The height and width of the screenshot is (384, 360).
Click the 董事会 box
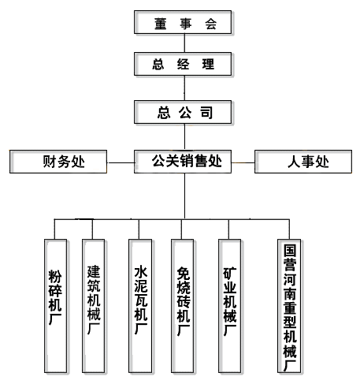tap(183, 22)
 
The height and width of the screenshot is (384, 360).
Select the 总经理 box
tap(183, 64)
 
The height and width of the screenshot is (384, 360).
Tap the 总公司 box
tap(183, 112)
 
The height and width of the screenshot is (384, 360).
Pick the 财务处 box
tap(58, 162)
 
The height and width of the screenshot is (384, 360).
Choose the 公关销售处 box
tap(183, 162)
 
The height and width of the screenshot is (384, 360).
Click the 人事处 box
tap(303, 162)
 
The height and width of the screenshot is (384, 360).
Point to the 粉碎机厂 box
tap(55, 306)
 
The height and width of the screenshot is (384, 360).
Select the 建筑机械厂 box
tap(94, 306)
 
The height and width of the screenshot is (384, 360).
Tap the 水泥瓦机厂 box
tap(140, 306)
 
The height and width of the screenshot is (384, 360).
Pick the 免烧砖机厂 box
tap(183, 306)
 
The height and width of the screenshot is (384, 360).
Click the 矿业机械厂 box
tap(230, 306)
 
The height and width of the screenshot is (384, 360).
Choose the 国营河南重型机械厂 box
tap(289, 306)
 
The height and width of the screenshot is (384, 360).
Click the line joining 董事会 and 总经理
tap(184, 43)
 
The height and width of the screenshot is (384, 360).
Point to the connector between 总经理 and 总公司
tap(184, 88)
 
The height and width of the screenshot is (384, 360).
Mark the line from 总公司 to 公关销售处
tap(184, 137)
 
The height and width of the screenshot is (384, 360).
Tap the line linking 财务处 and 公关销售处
tap(121, 162)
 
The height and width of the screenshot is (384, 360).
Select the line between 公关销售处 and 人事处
tap(243, 162)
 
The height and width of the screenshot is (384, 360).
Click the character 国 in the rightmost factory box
tap(290, 251)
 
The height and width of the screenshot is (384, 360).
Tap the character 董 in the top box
tap(160, 24)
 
